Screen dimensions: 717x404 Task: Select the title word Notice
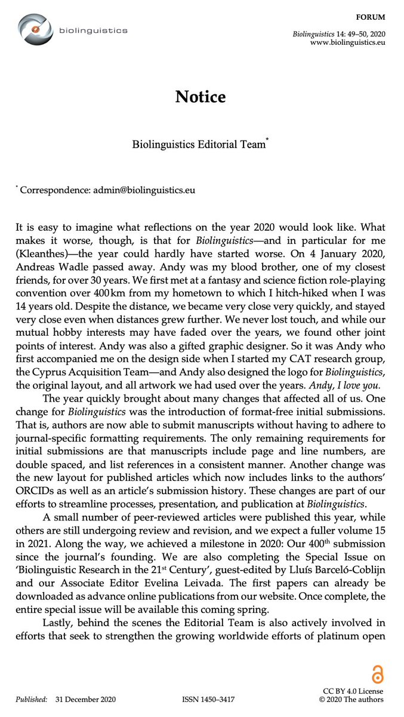(201, 97)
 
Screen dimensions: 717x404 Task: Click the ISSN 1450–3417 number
(208, 699)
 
